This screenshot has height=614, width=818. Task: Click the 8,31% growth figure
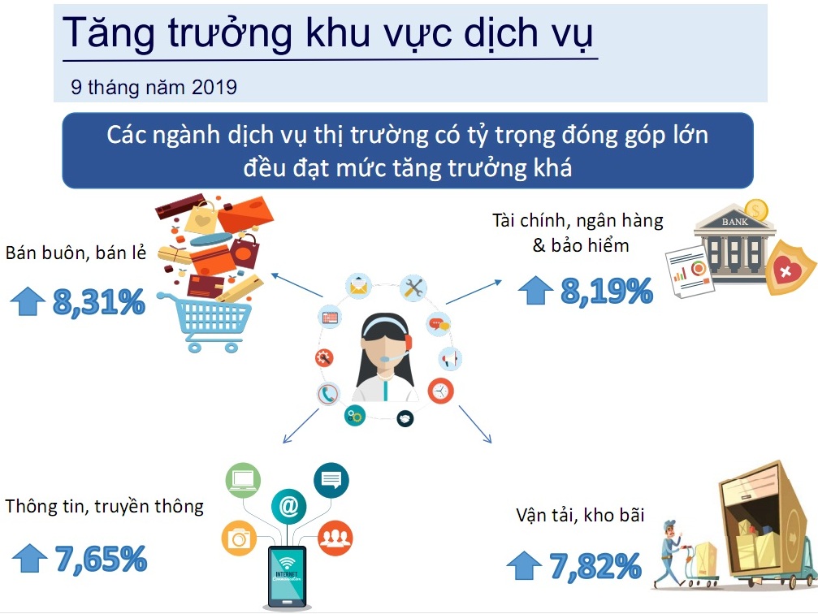(99, 301)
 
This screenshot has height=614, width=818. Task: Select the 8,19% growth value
(607, 291)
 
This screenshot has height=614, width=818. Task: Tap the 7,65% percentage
(102, 559)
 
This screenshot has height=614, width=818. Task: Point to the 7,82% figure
(595, 566)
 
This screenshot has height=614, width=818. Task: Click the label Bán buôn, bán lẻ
(76, 253)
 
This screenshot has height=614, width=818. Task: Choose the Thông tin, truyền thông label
(104, 507)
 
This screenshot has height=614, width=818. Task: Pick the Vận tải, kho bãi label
(580, 516)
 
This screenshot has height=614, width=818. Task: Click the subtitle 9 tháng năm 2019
(154, 87)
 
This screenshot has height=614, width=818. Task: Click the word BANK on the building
(734, 222)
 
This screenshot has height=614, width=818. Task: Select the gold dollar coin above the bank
(756, 210)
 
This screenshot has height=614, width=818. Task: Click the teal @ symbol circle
(288, 505)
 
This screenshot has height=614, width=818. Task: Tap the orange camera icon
(240, 538)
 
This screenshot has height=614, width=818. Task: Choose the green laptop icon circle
(243, 480)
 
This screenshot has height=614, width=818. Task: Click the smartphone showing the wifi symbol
(287, 577)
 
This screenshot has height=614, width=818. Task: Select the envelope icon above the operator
(358, 286)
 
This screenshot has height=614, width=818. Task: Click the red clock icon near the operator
(441, 391)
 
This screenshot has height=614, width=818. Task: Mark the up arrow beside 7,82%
(524, 565)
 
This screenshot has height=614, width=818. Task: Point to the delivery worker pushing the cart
(669, 553)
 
